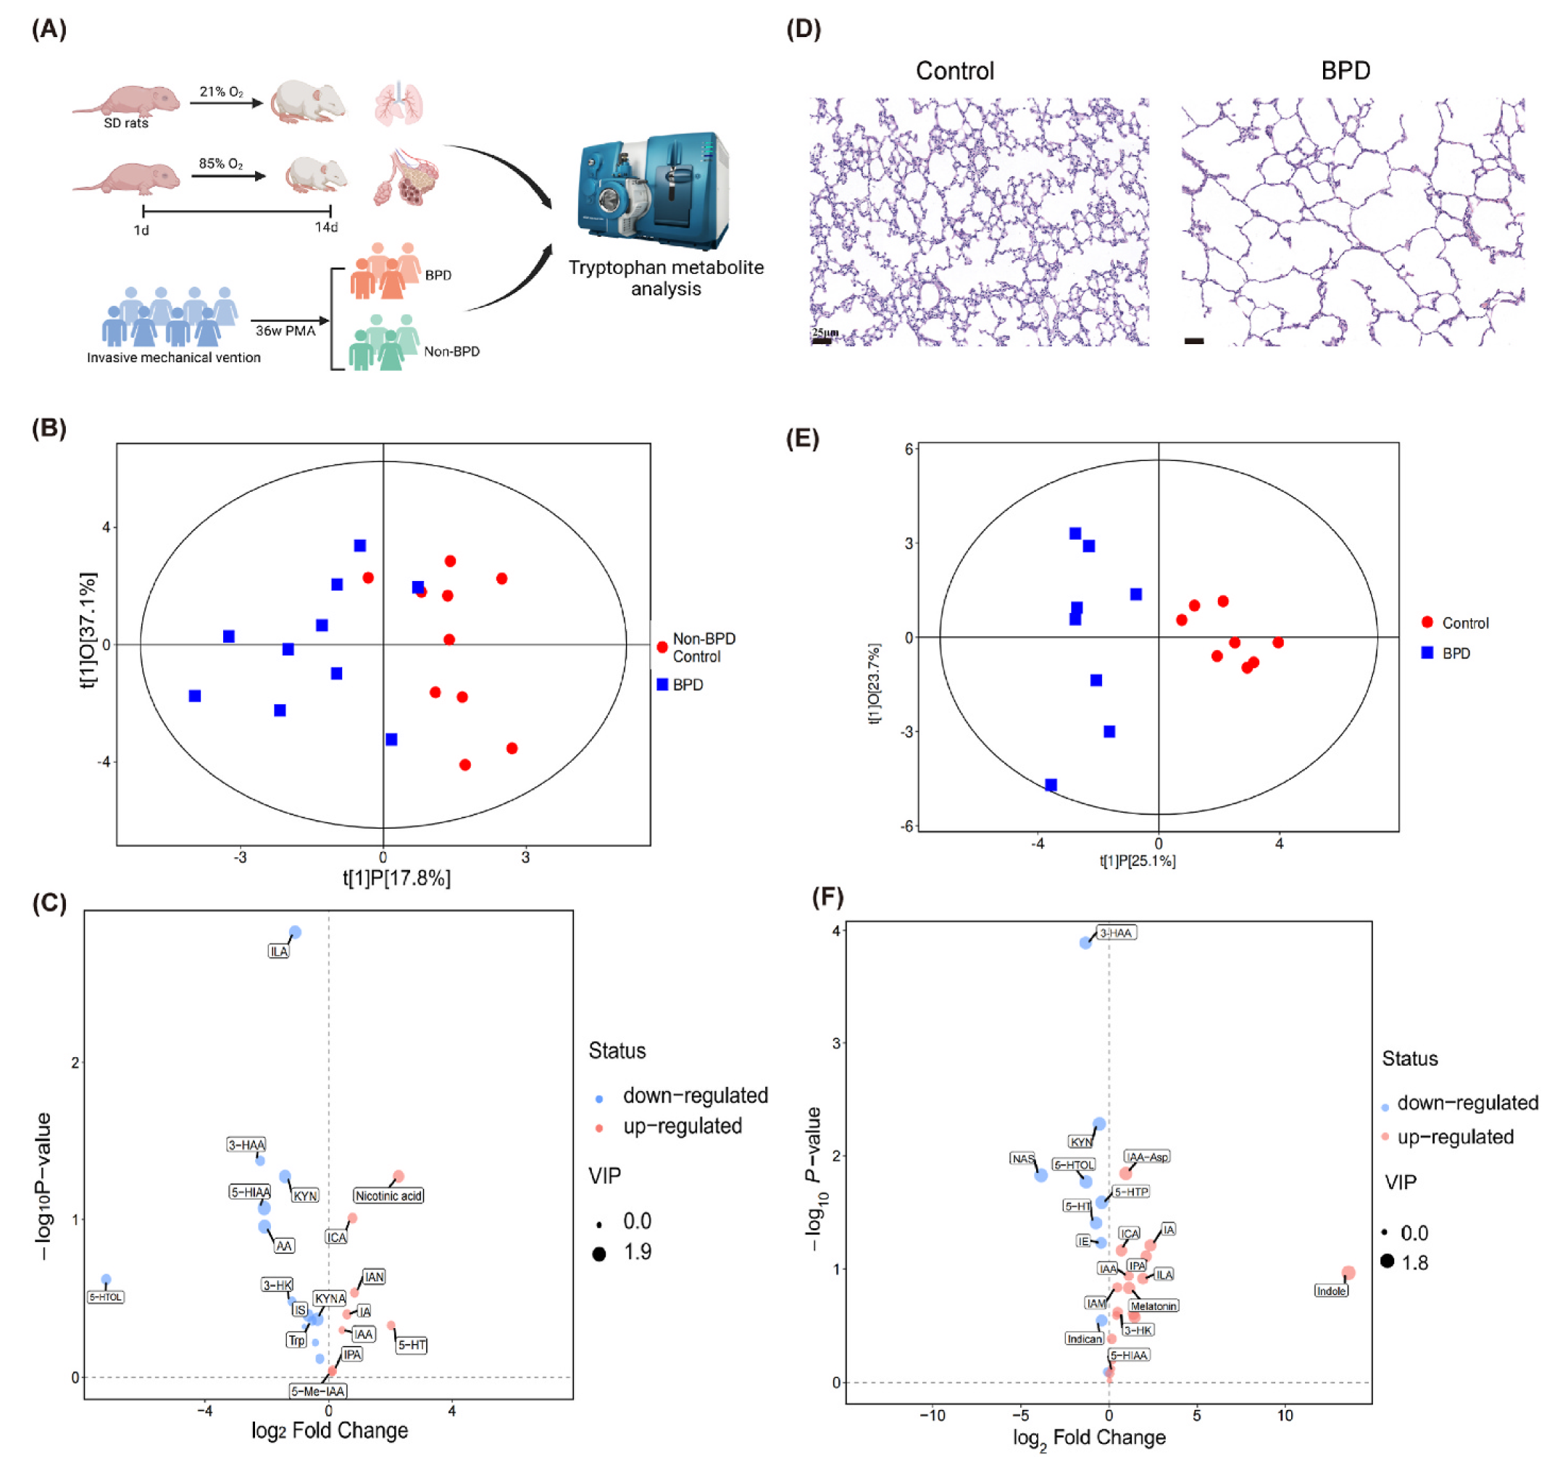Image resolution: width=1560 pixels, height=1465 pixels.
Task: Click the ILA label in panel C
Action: point(278,951)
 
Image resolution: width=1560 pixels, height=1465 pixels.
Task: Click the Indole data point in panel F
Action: point(1348,1273)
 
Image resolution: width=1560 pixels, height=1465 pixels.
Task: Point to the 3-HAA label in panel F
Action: point(1115,933)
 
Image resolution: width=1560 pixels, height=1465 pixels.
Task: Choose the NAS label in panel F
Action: point(1022,1159)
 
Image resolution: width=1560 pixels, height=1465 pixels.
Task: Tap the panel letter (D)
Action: point(804,29)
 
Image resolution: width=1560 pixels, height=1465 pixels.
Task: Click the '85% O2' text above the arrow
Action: point(220,164)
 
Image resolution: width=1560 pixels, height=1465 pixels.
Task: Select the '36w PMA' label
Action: point(285,331)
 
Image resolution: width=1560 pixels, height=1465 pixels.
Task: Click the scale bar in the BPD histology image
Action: point(1193,341)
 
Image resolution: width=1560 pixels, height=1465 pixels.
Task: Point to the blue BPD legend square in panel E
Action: point(1427,653)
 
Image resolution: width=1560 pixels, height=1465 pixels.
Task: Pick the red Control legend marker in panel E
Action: point(1427,622)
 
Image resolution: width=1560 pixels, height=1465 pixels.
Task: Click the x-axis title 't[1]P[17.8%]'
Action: point(396,878)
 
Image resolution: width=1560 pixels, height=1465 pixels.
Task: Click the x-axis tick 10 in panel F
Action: point(1285,1416)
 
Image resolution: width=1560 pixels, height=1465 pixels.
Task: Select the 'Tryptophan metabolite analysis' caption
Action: point(666,277)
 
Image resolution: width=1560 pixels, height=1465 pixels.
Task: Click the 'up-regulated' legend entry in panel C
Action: point(682,1127)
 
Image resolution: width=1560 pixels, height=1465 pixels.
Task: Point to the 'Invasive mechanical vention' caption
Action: point(173,358)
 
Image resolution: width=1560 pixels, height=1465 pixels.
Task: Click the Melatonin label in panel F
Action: point(1153,1306)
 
